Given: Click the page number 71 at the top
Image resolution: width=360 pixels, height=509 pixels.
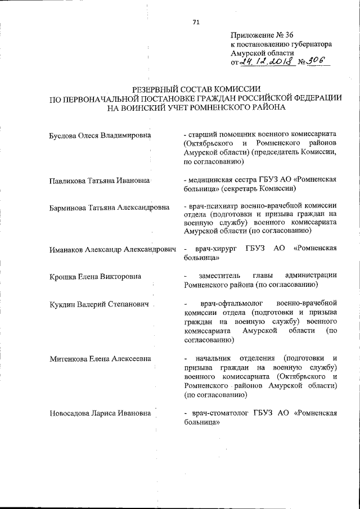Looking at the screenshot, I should coord(196,22).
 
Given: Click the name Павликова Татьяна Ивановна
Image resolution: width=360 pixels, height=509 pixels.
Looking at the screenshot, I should coord(99,180).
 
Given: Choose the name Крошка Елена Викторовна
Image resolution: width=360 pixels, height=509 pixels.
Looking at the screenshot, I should coord(94,277).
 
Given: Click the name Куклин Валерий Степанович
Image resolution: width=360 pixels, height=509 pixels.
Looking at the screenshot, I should coord(99,304).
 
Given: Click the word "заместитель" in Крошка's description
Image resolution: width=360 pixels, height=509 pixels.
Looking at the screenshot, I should coord(219,276).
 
